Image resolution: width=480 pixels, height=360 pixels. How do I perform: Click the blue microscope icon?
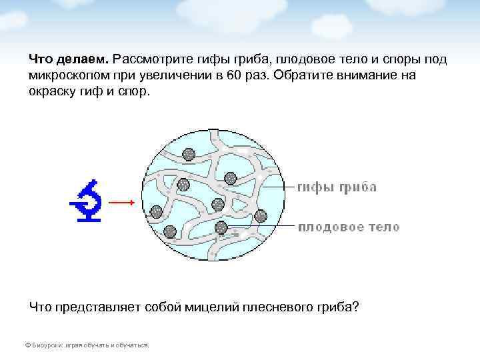(87, 201)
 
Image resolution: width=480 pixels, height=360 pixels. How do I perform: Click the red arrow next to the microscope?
(122, 202)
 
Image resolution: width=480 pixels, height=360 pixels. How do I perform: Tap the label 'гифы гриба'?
(336, 187)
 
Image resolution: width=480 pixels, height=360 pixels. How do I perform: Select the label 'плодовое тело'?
(348, 227)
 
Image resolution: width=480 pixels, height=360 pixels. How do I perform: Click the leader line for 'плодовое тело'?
(260, 227)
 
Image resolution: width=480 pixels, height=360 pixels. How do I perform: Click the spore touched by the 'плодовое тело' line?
(221, 227)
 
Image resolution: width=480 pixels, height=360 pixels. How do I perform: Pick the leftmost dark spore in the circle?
(157, 212)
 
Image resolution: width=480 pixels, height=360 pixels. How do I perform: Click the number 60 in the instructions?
(233, 75)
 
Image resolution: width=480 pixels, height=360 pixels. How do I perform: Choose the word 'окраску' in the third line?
(51, 91)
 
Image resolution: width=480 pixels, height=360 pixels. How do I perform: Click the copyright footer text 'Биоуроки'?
(46, 345)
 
